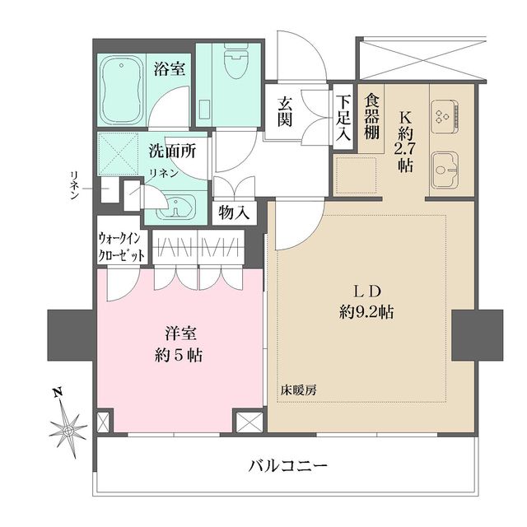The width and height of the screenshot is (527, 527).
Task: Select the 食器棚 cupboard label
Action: (x=371, y=115)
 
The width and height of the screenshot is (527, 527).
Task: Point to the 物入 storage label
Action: (x=234, y=212)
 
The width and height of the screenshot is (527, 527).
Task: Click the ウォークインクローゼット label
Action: (x=122, y=246)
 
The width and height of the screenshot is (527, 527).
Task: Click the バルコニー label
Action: (x=288, y=466)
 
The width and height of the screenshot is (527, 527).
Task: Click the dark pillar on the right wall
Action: (x=477, y=334)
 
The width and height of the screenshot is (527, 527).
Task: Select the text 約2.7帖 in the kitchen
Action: (x=403, y=144)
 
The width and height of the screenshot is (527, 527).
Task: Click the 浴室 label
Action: (x=170, y=68)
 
